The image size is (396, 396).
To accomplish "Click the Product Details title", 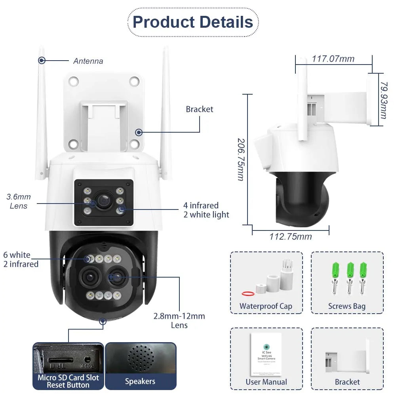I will pos(193,22).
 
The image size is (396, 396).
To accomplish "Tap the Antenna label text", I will pos(88,61).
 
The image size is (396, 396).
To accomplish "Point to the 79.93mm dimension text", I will pos(383,100).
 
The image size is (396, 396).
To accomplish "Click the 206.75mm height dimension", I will pos(240,159).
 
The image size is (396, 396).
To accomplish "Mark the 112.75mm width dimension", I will pos(290,237).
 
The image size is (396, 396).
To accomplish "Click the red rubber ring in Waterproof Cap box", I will pos(247,293).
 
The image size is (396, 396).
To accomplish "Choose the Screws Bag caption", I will pos(346,306).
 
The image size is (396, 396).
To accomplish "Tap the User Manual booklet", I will pos(266,354).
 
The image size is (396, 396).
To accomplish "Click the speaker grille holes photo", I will pos(141,358).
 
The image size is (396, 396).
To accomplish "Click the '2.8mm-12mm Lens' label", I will pos(179,320).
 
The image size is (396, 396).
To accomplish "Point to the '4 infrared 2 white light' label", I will pos(206,210).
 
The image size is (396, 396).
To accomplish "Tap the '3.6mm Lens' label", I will pos(19,201).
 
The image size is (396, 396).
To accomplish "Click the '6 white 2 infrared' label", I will pos(21,259).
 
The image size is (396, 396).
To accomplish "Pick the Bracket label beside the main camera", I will pos(199,109).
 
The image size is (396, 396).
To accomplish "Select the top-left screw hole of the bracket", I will pos(73,81).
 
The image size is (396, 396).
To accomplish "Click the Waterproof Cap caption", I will pos(266,306).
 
